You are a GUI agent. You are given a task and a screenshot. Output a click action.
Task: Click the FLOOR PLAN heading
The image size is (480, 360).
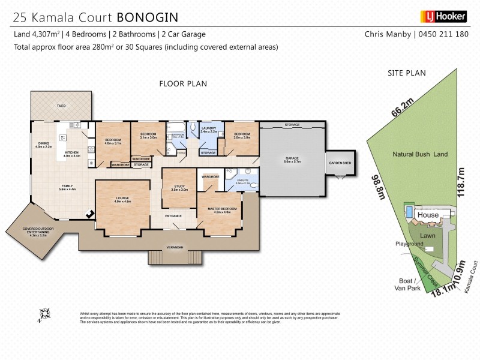coord(183,83)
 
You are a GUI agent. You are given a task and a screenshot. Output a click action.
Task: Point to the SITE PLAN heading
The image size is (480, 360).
coord(407,73)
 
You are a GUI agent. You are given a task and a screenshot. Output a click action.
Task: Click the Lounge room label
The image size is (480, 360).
coord(124,200)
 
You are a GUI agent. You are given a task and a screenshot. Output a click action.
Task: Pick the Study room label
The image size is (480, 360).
coord(179,188)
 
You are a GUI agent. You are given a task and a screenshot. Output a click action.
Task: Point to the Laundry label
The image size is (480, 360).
coord(209,128)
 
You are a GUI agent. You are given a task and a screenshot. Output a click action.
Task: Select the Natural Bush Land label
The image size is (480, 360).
coord(420,154)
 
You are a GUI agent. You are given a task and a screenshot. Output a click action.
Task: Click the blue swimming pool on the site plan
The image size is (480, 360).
coord(409,212)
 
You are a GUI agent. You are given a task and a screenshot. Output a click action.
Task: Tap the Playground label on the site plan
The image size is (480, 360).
coord(409,244)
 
